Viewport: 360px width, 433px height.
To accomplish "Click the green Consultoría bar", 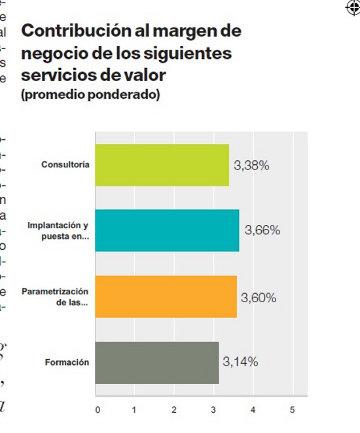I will [x=162, y=165].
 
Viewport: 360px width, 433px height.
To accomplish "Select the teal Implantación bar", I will [x=167, y=230].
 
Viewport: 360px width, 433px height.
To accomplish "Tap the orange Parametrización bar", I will [x=166, y=297].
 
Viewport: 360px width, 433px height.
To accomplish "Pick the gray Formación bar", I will [x=157, y=362].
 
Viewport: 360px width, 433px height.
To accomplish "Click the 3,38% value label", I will [x=251, y=165].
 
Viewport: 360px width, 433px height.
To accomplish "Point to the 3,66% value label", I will [x=262, y=230].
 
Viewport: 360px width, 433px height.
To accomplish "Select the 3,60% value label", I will [x=259, y=298].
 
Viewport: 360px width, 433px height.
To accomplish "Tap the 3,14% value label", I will [x=240, y=362].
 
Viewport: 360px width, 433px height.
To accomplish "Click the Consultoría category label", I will [x=65, y=165].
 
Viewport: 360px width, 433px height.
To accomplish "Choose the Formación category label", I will [x=67, y=362].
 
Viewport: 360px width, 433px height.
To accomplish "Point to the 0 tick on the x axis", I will [x=98, y=410].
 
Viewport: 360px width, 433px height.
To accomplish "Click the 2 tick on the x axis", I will [x=174, y=410].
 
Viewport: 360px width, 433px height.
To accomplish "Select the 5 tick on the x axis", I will [x=292, y=410].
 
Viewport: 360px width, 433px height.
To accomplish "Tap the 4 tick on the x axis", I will [x=253, y=410].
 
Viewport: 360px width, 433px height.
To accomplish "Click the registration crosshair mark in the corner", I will [x=351, y=8].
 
